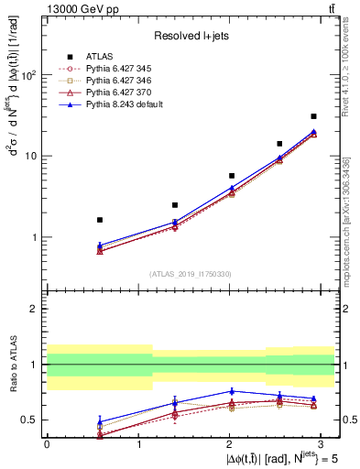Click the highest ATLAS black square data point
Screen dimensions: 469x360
click(x=313, y=116)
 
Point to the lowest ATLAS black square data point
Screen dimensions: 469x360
click(x=99, y=220)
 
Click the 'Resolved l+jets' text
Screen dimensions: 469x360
click(x=190, y=36)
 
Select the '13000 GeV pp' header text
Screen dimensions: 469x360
click(x=75, y=8)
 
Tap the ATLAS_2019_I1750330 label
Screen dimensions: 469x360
click(x=190, y=274)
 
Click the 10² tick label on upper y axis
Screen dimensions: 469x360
click(x=29, y=75)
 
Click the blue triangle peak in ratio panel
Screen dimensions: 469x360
click(x=233, y=391)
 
